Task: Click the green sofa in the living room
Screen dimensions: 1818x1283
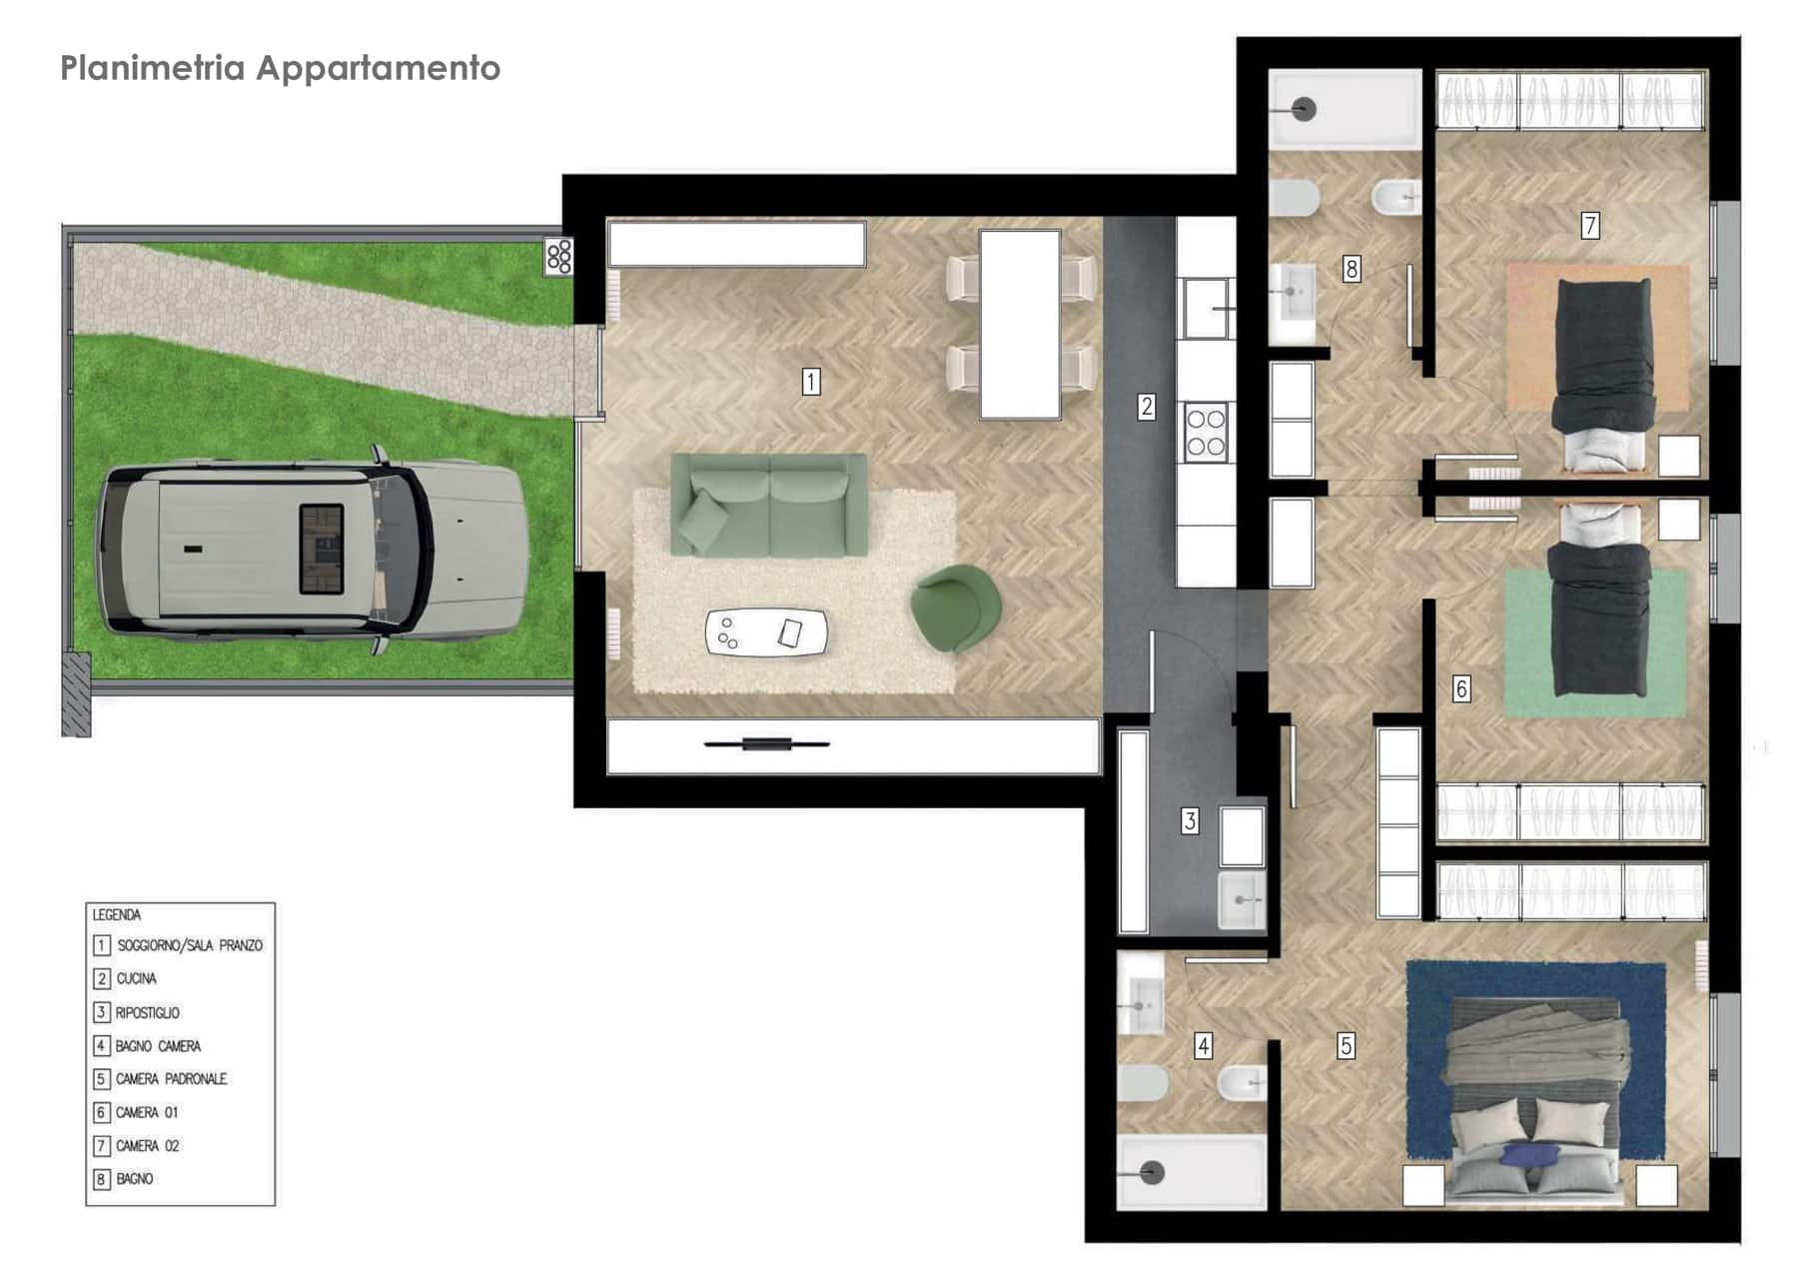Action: (x=768, y=505)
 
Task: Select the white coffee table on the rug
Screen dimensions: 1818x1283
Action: (x=766, y=633)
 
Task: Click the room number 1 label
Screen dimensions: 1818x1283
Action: (x=811, y=381)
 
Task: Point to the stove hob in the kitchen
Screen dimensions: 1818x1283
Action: (x=1206, y=432)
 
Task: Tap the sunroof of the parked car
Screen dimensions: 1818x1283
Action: (x=322, y=549)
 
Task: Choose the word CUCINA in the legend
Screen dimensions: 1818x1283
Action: (x=137, y=978)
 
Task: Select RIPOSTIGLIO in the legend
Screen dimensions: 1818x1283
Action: (x=148, y=1012)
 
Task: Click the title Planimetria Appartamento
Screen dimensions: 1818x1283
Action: (x=280, y=68)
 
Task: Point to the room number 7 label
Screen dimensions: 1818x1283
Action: (x=1590, y=225)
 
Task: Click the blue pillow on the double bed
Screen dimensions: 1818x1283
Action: (x=1529, y=1155)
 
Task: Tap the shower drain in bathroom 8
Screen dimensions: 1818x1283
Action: (x=1304, y=109)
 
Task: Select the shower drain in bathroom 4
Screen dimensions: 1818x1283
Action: (x=1153, y=1172)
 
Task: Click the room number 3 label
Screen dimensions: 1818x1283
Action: (x=1190, y=821)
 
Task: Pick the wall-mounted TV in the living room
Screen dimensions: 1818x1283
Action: (x=766, y=743)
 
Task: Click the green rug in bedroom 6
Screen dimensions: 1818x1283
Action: (x=1595, y=642)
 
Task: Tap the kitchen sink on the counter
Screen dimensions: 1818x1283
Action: (x=1209, y=308)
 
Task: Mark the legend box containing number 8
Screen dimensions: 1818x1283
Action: (x=101, y=1179)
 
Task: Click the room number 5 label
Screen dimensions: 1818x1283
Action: (x=1347, y=1046)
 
